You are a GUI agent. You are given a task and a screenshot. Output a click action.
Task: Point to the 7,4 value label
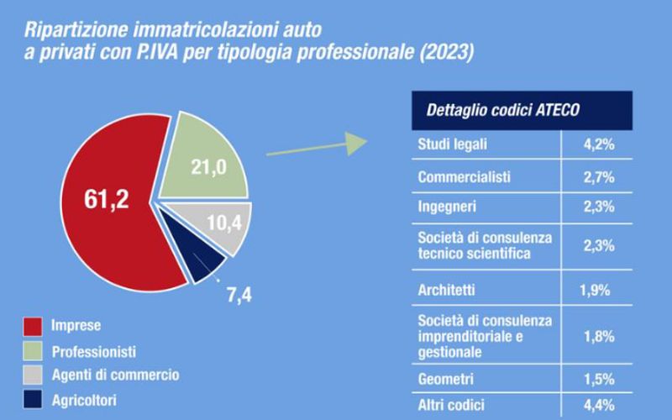tap(239, 296)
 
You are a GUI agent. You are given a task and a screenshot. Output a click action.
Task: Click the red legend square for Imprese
tap(33, 327)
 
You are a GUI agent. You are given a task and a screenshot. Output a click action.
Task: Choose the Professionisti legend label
tap(94, 352)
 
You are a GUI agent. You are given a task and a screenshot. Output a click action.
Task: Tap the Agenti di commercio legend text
tap(116, 375)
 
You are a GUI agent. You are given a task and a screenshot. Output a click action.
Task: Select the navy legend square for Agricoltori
tap(33, 399)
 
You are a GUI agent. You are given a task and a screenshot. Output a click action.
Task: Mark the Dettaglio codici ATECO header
tap(502, 110)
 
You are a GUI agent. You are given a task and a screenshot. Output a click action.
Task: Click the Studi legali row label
tap(452, 144)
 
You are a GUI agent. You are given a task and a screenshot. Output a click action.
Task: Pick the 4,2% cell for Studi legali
tap(599, 144)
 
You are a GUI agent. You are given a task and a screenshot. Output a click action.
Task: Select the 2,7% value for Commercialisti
tap(599, 177)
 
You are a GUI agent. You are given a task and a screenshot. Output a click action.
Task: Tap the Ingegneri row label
tap(447, 207)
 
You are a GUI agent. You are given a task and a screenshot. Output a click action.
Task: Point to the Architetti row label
tap(447, 290)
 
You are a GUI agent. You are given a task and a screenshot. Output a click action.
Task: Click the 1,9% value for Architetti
tap(595, 291)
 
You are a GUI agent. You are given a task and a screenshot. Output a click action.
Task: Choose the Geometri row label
tap(446, 380)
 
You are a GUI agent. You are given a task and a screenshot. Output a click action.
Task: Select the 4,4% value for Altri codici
tap(599, 406)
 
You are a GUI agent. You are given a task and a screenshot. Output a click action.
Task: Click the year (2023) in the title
tap(447, 52)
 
